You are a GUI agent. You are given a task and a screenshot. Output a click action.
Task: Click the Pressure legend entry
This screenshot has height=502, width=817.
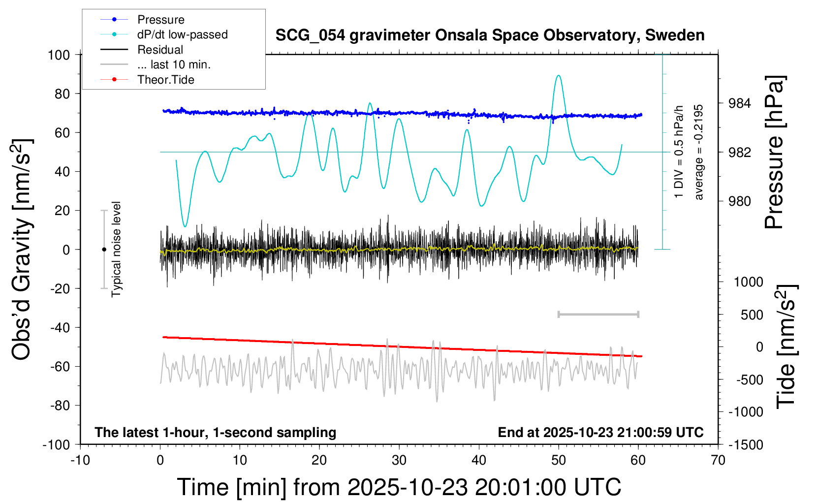click(160, 20)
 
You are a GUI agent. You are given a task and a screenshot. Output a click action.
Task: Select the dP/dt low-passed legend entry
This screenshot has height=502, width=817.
click(182, 34)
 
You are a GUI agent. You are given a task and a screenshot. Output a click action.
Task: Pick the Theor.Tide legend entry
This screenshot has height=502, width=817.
click(165, 80)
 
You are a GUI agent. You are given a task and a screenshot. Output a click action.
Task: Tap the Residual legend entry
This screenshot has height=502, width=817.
click(160, 50)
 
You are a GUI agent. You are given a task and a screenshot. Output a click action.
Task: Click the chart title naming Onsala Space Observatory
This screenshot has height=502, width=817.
click(490, 35)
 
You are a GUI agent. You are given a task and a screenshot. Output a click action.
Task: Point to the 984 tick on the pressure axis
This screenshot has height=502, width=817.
click(740, 103)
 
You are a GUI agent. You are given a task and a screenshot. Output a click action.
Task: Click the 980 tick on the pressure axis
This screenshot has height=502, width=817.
click(740, 201)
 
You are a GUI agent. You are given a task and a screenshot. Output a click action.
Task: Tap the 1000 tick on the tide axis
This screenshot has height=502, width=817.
click(749, 282)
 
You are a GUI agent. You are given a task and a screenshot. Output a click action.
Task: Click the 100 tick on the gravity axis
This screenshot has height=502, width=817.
click(59, 55)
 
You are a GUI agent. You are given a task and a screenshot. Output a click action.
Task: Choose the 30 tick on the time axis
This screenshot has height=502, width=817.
click(399, 461)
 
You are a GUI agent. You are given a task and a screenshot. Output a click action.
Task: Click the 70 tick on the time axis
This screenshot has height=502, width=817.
click(718, 461)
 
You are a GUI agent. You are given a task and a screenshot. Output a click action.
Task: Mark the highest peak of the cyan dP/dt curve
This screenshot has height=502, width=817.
click(558, 76)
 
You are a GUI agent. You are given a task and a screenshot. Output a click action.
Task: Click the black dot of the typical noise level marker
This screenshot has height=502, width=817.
click(104, 250)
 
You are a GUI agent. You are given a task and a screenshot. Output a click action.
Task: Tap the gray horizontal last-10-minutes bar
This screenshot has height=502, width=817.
click(598, 314)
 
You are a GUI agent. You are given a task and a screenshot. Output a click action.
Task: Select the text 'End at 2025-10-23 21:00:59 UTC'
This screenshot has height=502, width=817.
click(600, 433)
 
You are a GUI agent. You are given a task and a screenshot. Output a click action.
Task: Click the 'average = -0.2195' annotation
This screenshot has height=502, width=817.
click(699, 152)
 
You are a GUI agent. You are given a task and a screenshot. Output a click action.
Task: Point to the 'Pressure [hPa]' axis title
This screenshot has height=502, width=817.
click(775, 152)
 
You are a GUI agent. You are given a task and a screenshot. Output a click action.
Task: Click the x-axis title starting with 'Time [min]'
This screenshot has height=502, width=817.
click(399, 487)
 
